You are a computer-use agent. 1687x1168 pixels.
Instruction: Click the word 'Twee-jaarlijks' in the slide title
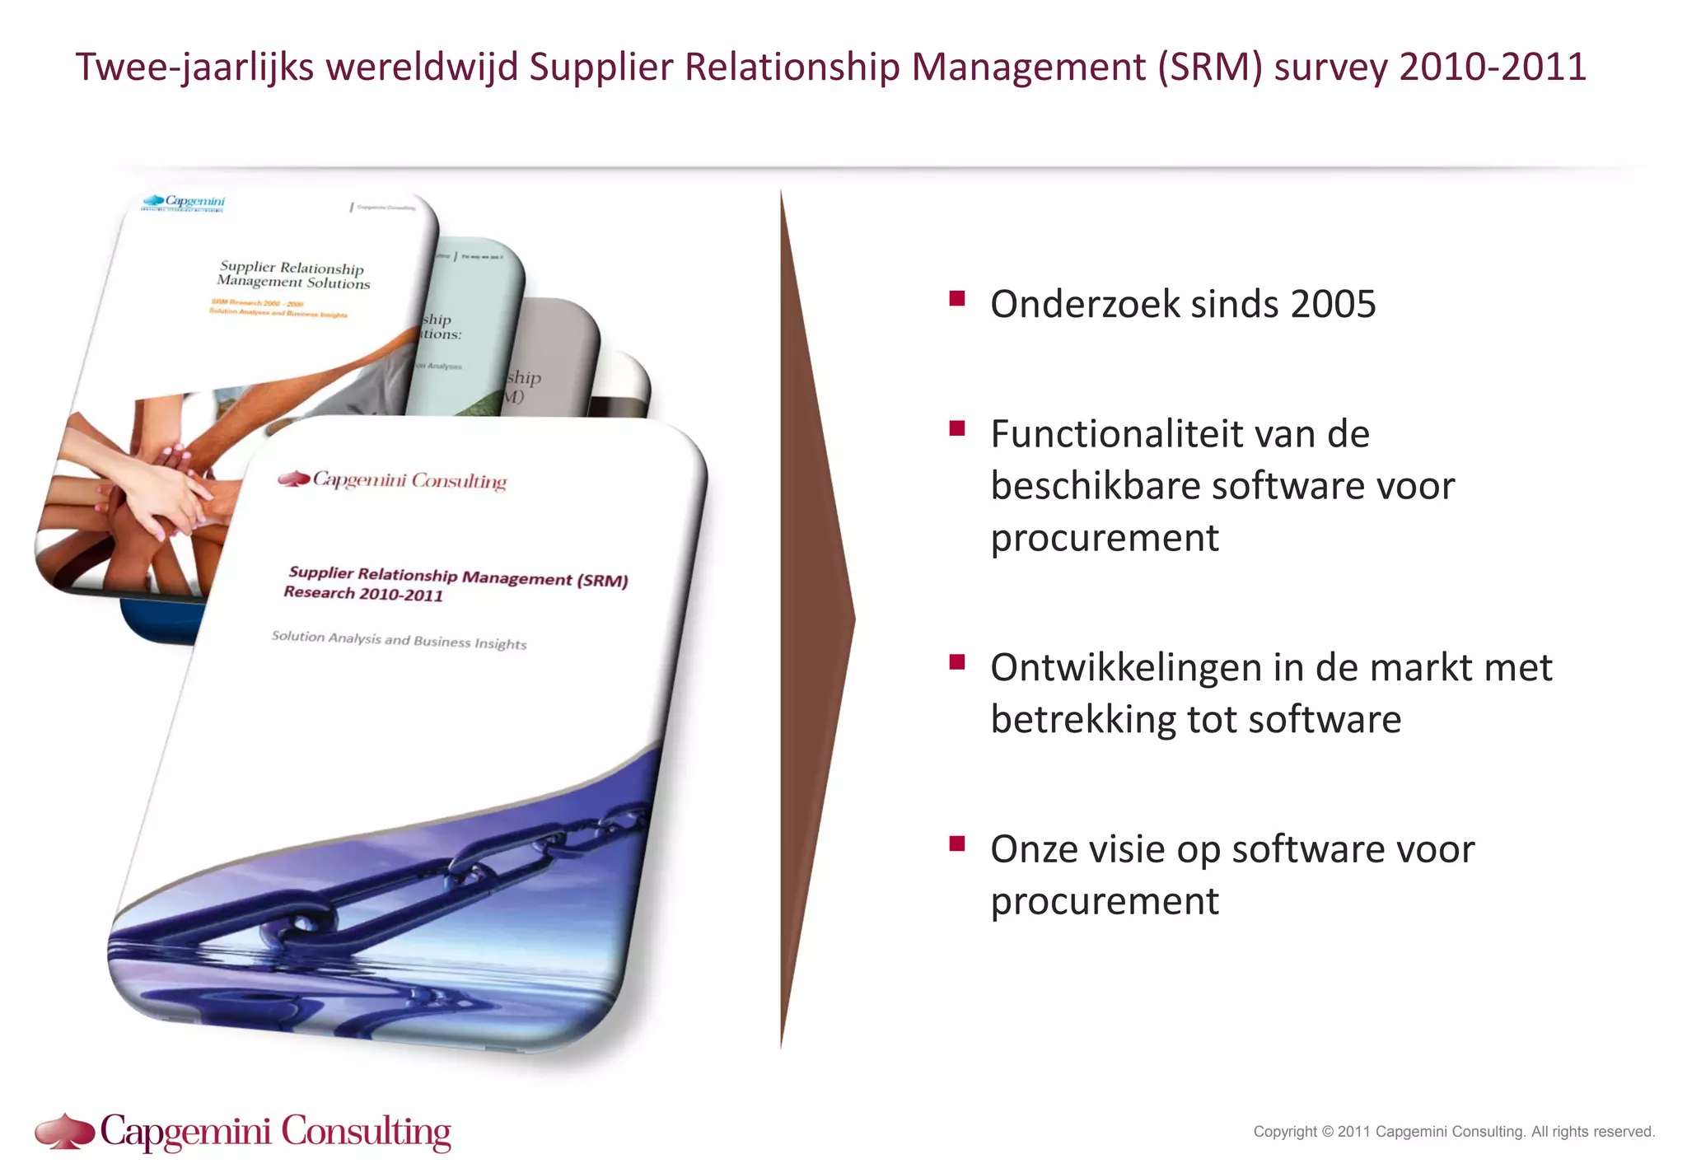(194, 68)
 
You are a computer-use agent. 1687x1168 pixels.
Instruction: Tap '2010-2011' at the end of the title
(1493, 68)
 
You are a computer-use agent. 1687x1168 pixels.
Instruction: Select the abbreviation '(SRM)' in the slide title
(1209, 68)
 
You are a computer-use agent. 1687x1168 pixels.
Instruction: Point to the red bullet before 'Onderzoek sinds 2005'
(956, 298)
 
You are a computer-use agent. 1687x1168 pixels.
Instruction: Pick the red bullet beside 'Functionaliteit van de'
(956, 428)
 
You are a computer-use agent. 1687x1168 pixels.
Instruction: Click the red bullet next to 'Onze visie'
(956, 843)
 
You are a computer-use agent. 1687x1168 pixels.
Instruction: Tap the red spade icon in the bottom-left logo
(65, 1131)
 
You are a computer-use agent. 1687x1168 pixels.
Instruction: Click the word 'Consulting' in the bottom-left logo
(367, 1133)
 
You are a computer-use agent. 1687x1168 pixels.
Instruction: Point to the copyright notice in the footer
(1454, 1132)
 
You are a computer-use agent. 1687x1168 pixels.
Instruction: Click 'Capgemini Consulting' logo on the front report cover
(393, 479)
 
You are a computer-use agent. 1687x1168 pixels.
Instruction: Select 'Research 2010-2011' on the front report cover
(363, 593)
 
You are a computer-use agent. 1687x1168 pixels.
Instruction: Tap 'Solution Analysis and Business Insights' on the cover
(399, 640)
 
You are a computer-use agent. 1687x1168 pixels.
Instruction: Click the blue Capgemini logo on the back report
(184, 201)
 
